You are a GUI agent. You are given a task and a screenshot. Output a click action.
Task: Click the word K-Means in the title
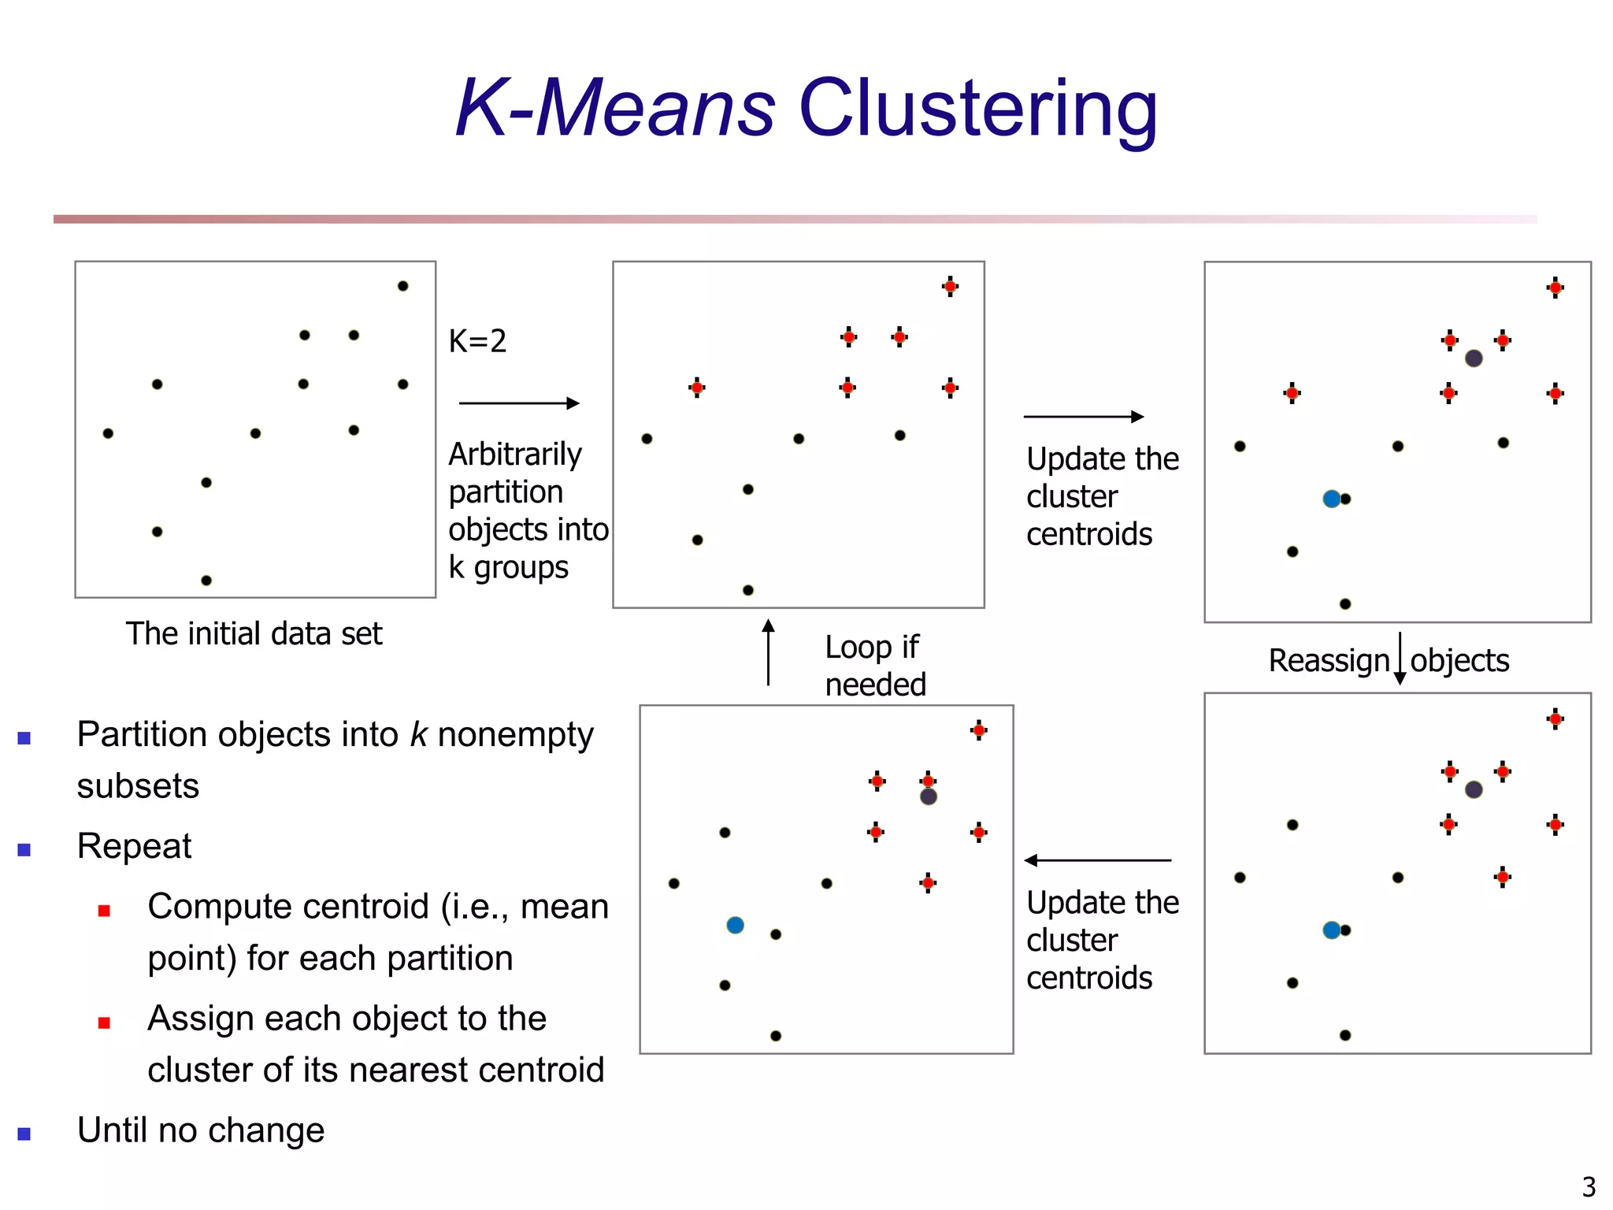(615, 108)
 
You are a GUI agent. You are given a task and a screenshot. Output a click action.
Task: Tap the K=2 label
(477, 341)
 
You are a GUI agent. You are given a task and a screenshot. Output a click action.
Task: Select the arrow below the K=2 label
(519, 403)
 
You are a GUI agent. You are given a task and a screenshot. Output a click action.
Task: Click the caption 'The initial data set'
(254, 634)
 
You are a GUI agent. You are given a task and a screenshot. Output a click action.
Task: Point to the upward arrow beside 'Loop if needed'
(769, 651)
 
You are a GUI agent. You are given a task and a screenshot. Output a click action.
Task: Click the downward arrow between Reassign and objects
(1400, 659)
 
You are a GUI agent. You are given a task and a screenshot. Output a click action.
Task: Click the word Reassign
(1329, 660)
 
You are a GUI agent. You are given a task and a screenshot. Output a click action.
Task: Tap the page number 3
(1589, 1186)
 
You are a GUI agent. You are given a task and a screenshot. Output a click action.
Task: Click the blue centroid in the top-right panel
(1332, 499)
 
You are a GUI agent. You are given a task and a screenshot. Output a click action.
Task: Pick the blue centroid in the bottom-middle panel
(735, 925)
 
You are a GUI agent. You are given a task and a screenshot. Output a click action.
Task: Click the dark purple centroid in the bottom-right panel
(1474, 789)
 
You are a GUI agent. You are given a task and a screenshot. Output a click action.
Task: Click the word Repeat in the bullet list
(134, 847)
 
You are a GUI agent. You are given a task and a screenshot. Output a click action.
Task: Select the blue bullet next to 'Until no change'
(24, 1134)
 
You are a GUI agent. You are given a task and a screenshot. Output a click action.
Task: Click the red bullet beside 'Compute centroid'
(104, 911)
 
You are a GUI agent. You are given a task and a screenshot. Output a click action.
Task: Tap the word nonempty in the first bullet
(515, 735)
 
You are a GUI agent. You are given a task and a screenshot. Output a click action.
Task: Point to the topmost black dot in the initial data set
(402, 286)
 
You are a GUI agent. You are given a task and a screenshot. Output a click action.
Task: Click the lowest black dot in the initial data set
(206, 581)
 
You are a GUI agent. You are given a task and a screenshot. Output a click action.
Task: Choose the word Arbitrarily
(515, 455)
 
